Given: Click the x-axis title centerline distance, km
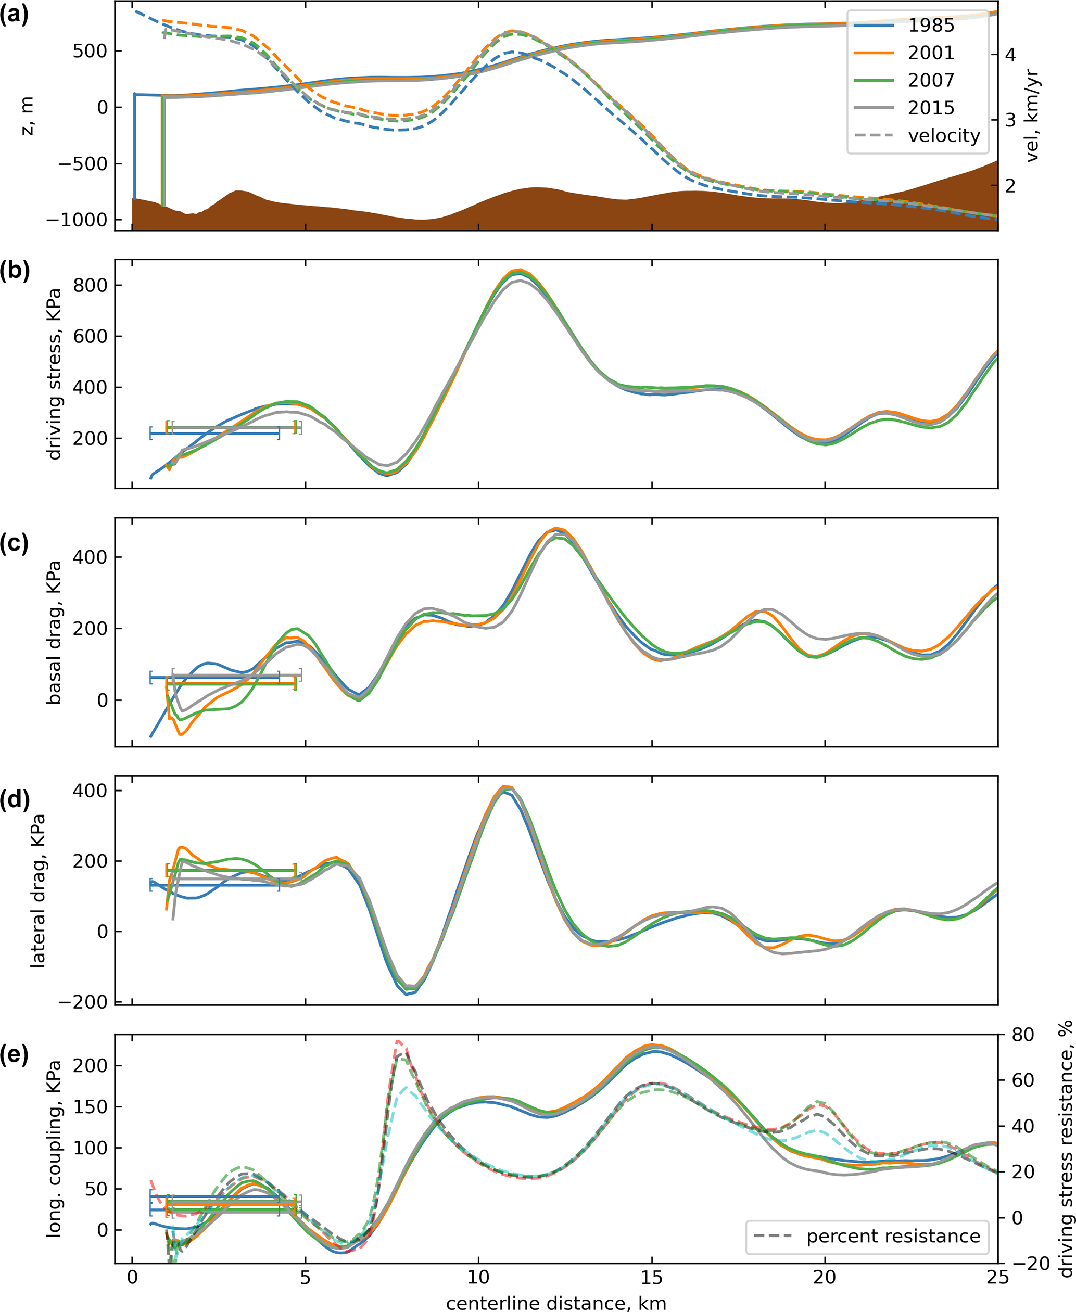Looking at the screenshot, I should [x=556, y=1302].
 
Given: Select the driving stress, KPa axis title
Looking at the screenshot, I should [x=55, y=374].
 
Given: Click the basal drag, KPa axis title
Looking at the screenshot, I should [x=55, y=632].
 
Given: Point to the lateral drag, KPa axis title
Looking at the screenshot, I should [x=39, y=890].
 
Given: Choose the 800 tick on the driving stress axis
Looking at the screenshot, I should [x=90, y=286].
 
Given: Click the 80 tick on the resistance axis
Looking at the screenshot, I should [x=1023, y=1035].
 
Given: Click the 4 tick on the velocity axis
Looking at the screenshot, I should [x=1010, y=55].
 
